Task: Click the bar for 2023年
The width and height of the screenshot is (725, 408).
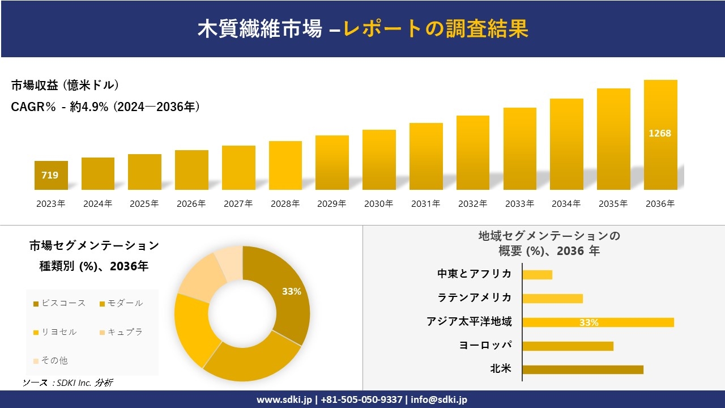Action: tap(51, 175)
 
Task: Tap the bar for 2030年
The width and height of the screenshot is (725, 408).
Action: tap(379, 160)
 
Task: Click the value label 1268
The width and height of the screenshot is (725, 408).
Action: tap(660, 133)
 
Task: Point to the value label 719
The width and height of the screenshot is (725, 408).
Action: tap(50, 175)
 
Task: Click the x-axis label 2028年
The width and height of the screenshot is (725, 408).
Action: tap(285, 204)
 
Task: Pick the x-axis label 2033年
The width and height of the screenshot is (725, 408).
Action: tap(519, 204)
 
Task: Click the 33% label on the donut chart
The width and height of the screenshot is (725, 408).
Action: tap(291, 291)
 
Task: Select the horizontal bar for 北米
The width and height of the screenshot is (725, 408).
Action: tap(583, 369)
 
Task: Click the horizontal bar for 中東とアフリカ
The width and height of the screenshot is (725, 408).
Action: tap(537, 274)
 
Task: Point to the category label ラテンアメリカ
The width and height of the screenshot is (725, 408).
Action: tap(474, 297)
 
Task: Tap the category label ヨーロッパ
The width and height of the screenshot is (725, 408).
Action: tap(485, 345)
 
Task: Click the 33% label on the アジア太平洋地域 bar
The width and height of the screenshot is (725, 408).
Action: tap(588, 322)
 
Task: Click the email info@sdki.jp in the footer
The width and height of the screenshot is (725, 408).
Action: tap(439, 399)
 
